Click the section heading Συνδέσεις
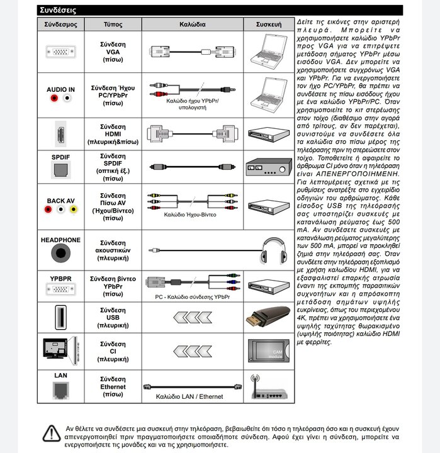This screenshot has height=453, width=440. point(58,10)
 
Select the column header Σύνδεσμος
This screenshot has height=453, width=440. point(60,24)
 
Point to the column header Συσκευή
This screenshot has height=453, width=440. point(268,24)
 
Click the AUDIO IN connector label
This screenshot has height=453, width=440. point(60,90)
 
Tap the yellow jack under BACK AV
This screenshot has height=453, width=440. point(73,210)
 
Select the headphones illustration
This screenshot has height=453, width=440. point(274,250)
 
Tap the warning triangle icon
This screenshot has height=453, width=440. point(51,433)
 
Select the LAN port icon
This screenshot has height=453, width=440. point(60,391)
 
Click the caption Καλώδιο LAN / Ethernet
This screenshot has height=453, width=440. point(189,397)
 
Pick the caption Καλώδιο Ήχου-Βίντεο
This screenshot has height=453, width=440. point(190,215)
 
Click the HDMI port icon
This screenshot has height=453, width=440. point(60,133)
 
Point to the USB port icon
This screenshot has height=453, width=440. point(60,316)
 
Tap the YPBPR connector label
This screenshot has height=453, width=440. point(60,277)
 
